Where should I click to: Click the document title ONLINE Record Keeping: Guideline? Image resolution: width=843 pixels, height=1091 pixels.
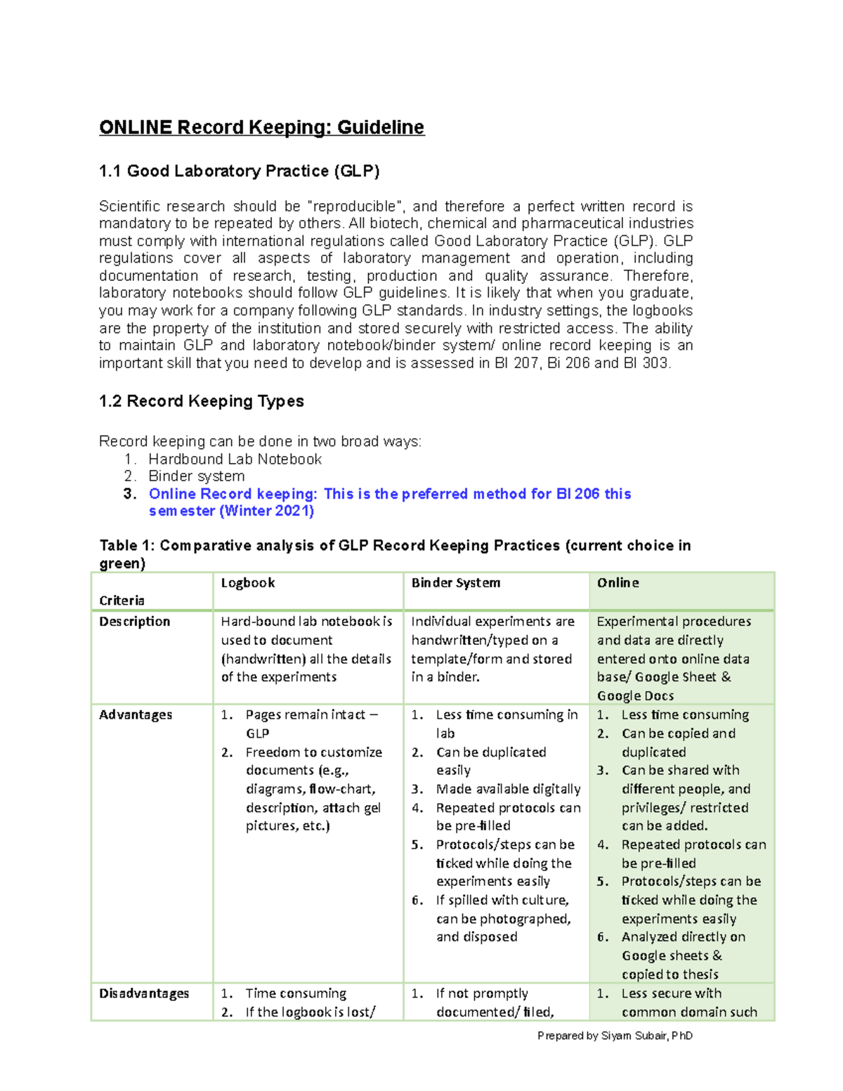(x=261, y=127)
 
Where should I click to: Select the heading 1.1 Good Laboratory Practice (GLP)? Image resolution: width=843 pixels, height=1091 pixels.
(x=239, y=171)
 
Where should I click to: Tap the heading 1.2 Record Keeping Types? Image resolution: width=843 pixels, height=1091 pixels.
(x=201, y=401)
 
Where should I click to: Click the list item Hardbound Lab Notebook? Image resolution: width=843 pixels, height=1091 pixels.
(x=235, y=459)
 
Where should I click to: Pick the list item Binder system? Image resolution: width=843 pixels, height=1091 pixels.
(x=196, y=476)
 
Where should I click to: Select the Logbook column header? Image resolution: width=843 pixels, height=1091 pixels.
(x=248, y=582)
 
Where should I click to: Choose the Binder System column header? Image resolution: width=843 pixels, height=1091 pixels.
(x=455, y=582)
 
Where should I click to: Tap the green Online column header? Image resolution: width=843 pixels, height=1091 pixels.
(x=617, y=582)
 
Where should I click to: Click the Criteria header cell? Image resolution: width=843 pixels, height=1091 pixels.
(x=122, y=600)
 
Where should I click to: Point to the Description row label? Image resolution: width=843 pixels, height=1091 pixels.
(x=134, y=621)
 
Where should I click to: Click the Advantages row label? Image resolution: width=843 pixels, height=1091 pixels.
(x=135, y=714)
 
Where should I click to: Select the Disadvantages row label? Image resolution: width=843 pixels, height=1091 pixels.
(x=144, y=993)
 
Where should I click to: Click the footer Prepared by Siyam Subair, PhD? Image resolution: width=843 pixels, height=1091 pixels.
(x=615, y=1036)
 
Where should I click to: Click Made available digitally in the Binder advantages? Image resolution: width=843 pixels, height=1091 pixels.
(x=508, y=789)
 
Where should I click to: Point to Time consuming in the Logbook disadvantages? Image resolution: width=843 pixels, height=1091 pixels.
(x=296, y=993)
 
